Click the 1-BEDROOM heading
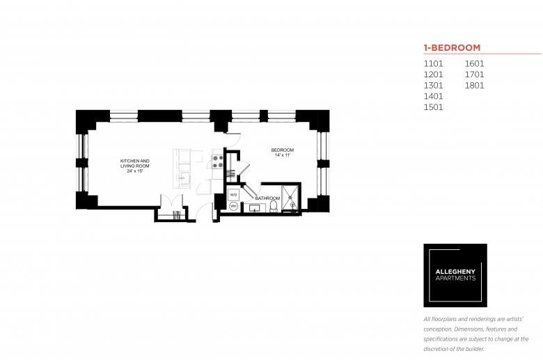[452, 47]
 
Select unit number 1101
[433, 64]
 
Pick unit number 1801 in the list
[475, 86]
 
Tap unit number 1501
[433, 107]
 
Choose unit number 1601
[475, 64]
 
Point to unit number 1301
[433, 86]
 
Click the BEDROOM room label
[282, 150]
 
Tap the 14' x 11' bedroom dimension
[282, 155]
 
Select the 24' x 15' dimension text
[135, 171]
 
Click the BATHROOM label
[267, 198]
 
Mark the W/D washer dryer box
[234, 195]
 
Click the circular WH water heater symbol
[233, 206]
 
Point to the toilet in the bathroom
[274, 206]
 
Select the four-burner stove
[217, 162]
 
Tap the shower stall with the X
[290, 198]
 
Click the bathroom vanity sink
[255, 208]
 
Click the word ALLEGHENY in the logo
[455, 272]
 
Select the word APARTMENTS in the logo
[455, 279]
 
